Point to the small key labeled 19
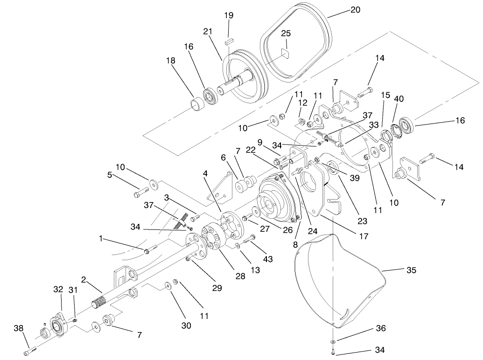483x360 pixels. point(228,41)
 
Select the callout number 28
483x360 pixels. point(240,276)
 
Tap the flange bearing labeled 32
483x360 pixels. point(59,323)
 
